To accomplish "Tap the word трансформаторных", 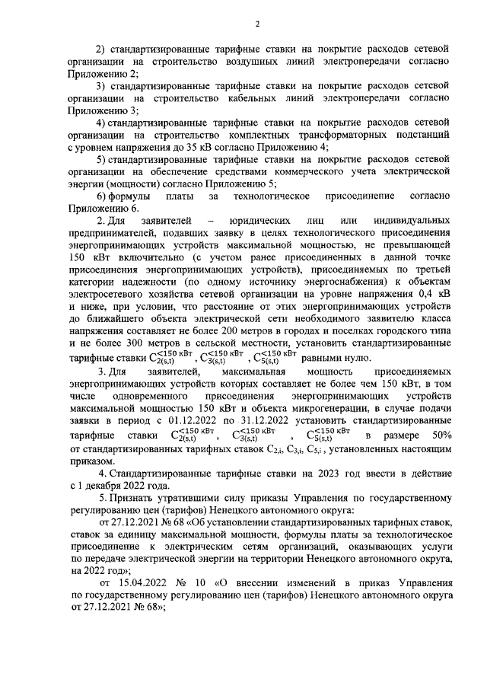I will tap(318, 135).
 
